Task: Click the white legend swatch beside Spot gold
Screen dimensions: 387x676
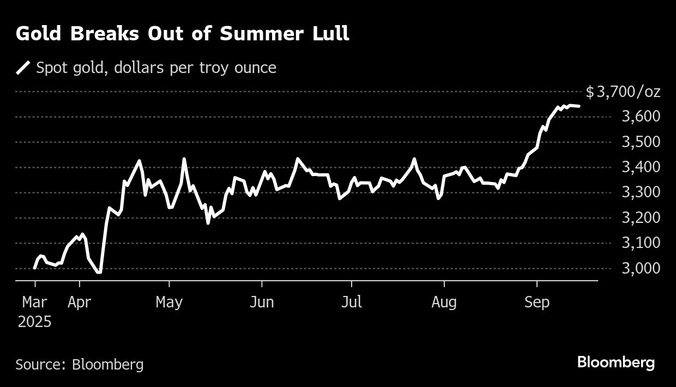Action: point(23,68)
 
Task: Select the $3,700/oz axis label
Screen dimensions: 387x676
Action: point(623,92)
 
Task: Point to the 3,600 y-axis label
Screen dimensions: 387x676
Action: point(641,117)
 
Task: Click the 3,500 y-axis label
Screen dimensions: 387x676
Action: point(641,142)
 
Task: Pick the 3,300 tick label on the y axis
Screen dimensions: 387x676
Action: point(641,192)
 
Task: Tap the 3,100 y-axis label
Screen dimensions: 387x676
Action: point(641,243)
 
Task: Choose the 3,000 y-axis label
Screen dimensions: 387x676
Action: point(641,268)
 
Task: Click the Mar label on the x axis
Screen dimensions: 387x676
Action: point(35,302)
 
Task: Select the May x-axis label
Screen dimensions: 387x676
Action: point(169,302)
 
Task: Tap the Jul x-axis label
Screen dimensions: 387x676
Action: point(352,302)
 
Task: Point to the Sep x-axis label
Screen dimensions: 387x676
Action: point(537,302)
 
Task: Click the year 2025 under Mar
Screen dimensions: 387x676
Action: point(34,322)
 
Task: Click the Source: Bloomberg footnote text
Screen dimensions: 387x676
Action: point(80,364)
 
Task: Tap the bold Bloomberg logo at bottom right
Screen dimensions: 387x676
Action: point(616,362)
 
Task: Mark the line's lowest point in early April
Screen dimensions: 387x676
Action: point(99,271)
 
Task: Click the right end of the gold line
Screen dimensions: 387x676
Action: point(578,106)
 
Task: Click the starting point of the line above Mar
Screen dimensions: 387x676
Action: point(35,268)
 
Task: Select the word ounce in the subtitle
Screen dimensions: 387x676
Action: point(256,68)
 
